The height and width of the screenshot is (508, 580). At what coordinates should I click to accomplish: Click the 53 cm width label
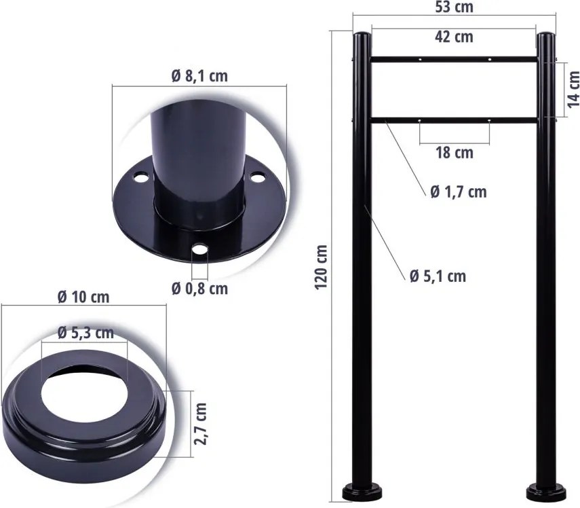[454, 7]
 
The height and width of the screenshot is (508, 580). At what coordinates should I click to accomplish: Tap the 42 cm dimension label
[454, 37]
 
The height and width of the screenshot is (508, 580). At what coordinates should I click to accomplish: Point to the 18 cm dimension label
[455, 153]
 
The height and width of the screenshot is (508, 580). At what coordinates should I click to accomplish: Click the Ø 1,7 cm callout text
[459, 192]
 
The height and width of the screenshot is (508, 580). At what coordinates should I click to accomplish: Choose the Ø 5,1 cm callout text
[438, 276]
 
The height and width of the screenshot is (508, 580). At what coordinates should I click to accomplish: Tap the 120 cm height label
[322, 267]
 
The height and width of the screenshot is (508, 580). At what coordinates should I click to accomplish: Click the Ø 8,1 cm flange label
[199, 76]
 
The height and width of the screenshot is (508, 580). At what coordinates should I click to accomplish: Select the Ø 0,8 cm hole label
[199, 289]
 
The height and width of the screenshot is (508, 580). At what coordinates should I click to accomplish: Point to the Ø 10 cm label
[83, 297]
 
